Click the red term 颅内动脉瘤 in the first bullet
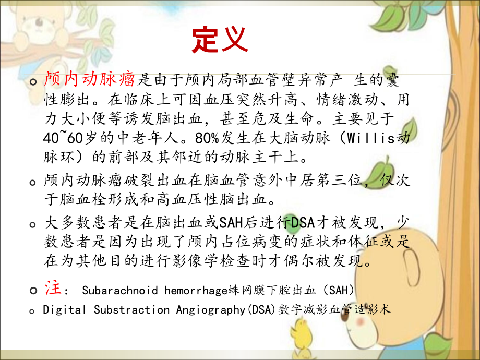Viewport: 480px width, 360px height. (x=90, y=80)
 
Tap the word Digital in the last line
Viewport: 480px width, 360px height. (x=64, y=309)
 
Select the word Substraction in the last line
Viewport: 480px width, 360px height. (x=131, y=309)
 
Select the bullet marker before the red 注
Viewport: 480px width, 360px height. (x=34, y=290)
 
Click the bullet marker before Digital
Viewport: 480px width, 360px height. (x=34, y=310)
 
